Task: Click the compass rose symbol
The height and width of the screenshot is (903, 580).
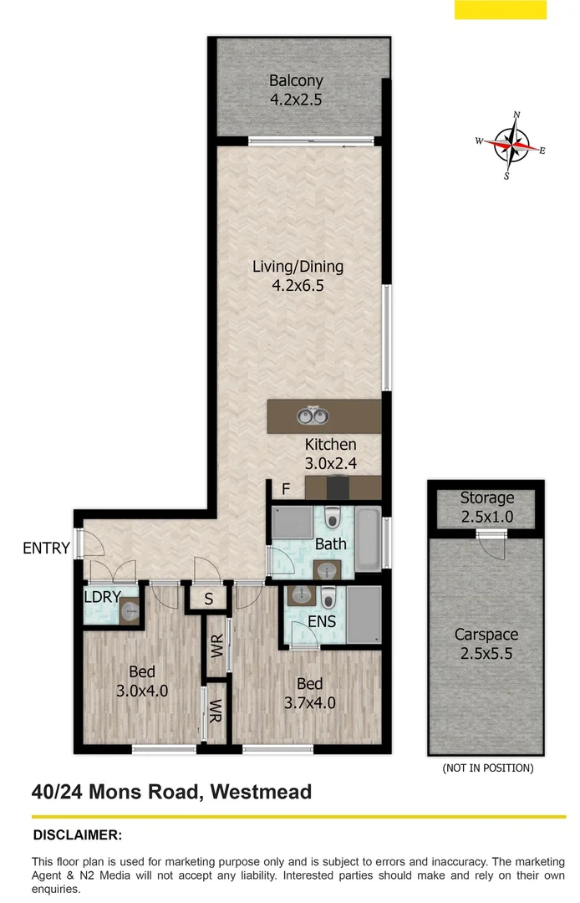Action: (511, 145)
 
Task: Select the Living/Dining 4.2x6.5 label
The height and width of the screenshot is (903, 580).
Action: (298, 276)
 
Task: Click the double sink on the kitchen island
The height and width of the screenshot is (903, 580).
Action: (313, 415)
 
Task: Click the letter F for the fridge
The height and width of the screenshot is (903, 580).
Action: (285, 490)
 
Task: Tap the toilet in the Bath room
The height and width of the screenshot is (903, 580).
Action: (333, 519)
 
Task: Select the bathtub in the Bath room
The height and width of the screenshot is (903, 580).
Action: (367, 538)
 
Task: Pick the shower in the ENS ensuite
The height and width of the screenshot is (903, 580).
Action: (364, 615)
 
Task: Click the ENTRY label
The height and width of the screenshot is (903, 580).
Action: (47, 548)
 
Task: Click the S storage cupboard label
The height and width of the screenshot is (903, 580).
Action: (207, 599)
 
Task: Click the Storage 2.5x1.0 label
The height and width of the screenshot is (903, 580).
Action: (486, 507)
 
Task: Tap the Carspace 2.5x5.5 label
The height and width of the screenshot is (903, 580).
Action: (486, 644)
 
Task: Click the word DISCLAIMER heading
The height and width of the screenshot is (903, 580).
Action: (77, 834)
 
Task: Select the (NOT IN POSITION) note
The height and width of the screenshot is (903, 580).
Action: (487, 768)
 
